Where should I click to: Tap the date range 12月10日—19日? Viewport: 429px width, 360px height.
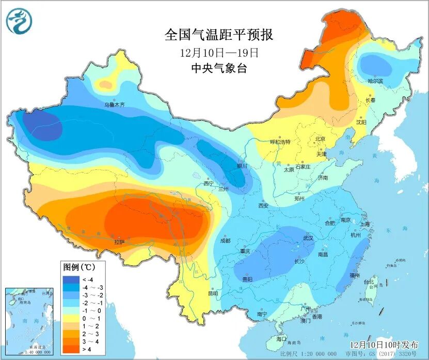(219, 52)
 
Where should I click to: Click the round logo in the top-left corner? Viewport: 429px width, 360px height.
(19, 21)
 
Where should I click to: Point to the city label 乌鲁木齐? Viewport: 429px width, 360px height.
(115, 104)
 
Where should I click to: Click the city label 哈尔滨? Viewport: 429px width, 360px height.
(375, 81)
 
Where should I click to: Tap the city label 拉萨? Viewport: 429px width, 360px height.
(119, 241)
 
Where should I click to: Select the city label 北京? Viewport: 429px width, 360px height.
(320, 138)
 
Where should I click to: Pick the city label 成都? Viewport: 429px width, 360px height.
(225, 241)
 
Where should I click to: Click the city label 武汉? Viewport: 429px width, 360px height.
(308, 238)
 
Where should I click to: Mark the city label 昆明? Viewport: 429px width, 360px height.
(213, 293)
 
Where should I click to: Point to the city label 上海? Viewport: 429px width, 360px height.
(364, 224)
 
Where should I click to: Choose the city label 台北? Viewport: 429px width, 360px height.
(369, 282)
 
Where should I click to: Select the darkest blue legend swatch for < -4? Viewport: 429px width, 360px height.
(69, 279)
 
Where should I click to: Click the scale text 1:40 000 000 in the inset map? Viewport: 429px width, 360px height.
(29, 352)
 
